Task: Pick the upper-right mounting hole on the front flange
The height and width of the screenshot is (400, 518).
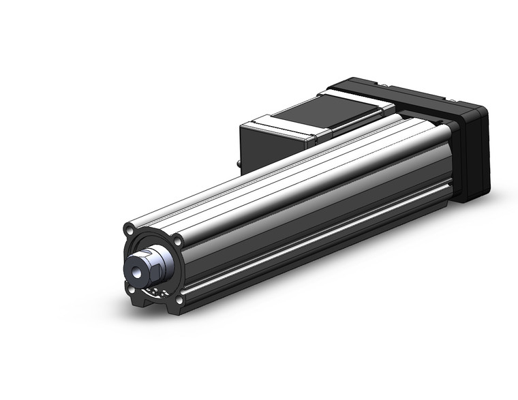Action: [178, 240]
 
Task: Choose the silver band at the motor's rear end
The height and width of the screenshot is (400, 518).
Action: [279, 129]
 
